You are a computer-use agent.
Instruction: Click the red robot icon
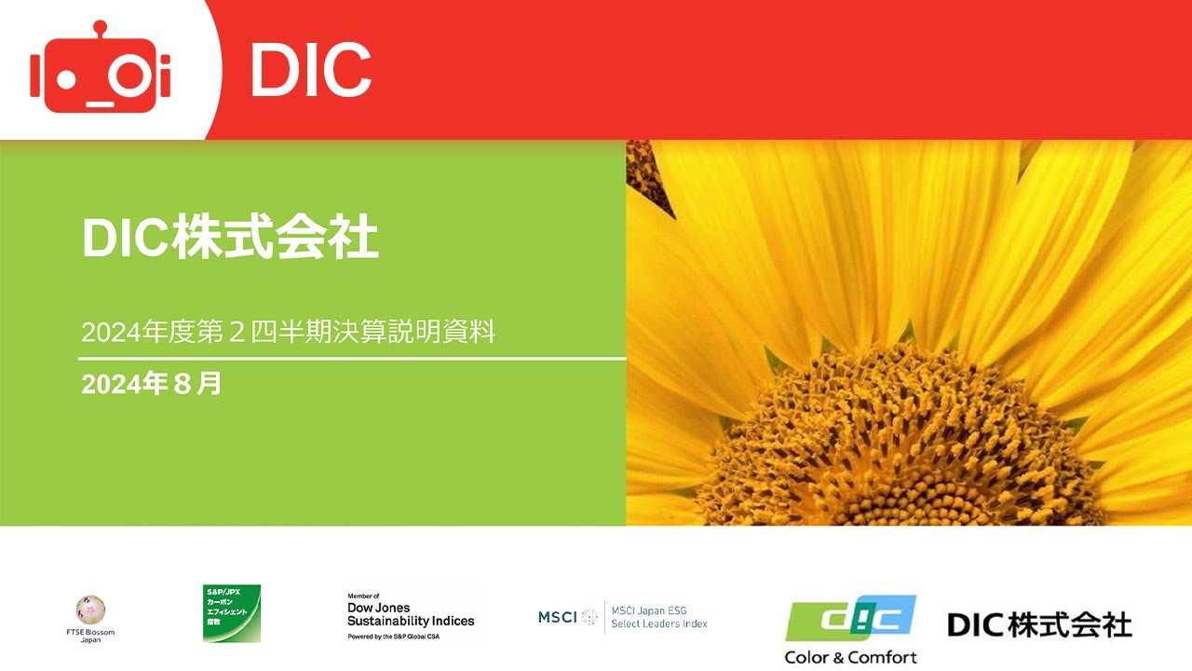tap(101, 70)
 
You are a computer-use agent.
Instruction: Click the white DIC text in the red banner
tap(310, 71)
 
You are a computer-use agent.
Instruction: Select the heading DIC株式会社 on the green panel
tap(230, 238)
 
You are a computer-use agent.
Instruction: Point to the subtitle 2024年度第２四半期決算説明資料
tap(288, 332)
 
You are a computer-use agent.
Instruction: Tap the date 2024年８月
tap(152, 383)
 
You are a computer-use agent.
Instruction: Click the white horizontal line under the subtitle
tap(352, 358)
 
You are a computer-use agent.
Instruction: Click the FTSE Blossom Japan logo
tap(91, 620)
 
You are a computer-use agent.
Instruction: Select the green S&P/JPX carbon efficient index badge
tap(232, 613)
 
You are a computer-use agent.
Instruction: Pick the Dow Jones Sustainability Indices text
tap(411, 614)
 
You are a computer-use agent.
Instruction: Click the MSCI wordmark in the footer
tap(558, 617)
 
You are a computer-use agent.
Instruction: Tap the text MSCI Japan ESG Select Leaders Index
tap(658, 617)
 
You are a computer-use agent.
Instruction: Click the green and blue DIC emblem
tap(850, 619)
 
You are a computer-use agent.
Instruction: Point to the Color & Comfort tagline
tap(850, 657)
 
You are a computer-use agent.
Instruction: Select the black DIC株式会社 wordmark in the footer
tap(1039, 624)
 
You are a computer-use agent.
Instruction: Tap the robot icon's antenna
tap(101, 28)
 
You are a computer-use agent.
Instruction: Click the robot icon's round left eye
tap(65, 76)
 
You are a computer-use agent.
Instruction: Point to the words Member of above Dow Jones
tap(363, 596)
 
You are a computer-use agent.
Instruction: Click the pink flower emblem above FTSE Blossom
tap(91, 610)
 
